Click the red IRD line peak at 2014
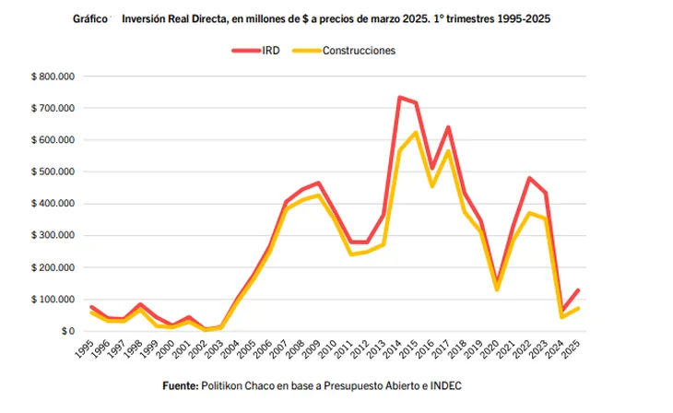pos(400,97)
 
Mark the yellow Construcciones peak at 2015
pos(417,132)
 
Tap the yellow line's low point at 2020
pos(497,289)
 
